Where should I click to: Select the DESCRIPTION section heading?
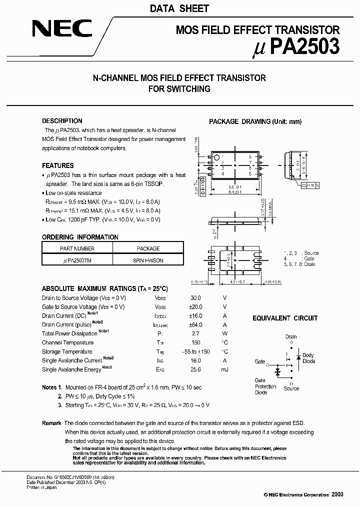62,121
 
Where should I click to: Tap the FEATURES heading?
57,165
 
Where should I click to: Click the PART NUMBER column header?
77,248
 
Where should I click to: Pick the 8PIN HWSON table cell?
148,260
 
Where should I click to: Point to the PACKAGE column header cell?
148,248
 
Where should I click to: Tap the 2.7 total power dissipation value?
195,333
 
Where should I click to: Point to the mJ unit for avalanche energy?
224,369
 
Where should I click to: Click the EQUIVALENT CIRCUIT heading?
284,318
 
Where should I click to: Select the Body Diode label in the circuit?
308,358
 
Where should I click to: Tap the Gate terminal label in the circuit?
260,361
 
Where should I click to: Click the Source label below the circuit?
291,388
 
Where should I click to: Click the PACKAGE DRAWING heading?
255,121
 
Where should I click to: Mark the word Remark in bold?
51,423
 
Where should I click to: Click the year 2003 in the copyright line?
337,494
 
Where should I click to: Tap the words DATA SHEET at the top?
179,8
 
